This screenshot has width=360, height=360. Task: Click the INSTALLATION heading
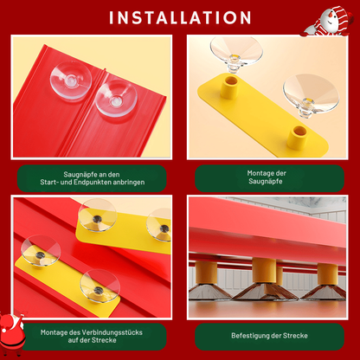(x=180, y=17)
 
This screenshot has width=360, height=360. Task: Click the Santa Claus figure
(x=12, y=332)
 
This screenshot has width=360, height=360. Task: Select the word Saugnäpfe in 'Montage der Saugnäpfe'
(x=266, y=182)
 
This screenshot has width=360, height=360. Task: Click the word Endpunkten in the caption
(x=93, y=183)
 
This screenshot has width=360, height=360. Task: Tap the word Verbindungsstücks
(x=112, y=332)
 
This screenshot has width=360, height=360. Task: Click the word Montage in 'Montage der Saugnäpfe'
(x=258, y=173)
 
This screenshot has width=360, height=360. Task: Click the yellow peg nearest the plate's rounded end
(x=297, y=137)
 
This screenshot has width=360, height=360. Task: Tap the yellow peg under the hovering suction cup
(x=229, y=87)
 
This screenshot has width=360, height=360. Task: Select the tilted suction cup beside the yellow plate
(x=311, y=94)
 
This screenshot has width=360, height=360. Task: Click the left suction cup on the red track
(x=71, y=80)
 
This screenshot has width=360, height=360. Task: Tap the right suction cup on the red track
(x=116, y=98)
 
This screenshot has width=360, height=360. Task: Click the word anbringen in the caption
(x=129, y=183)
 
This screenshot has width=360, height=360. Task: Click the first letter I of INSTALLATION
(x=111, y=17)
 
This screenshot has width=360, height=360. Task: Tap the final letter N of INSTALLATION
(x=245, y=17)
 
